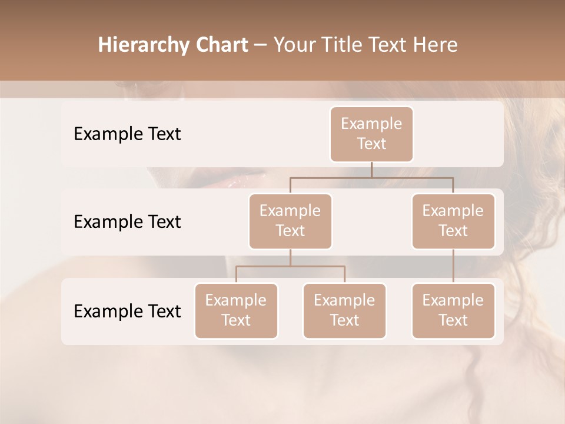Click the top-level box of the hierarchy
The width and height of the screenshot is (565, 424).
coord(371,134)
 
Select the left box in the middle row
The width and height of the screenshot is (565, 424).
coord(290,221)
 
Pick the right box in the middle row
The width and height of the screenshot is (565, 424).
coord(453,221)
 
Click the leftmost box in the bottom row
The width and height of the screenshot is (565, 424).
coord(236,310)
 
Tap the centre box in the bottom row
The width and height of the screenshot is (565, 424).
coord(344,310)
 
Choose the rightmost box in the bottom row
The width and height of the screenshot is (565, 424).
coord(453,310)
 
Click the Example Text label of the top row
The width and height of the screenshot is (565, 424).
coord(127,134)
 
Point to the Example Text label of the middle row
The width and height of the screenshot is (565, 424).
coord(127,222)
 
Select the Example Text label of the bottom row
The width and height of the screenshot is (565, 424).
coord(127,311)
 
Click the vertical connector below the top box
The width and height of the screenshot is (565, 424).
coord(371,170)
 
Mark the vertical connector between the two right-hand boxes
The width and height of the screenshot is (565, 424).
coord(453,266)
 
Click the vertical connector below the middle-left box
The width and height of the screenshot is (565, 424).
coord(290,257)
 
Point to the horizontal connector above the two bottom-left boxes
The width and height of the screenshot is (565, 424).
coord(290,266)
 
